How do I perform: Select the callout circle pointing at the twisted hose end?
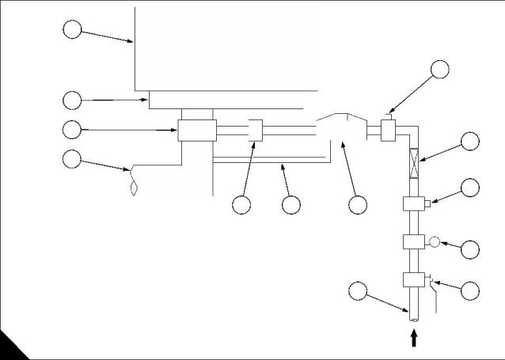point(71,158)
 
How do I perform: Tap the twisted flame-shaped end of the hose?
point(134,181)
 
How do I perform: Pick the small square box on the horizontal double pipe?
point(255,130)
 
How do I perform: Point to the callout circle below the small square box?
point(242,204)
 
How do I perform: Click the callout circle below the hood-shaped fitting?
point(357,204)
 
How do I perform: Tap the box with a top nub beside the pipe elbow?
point(389,130)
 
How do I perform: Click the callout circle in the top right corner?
point(439,69)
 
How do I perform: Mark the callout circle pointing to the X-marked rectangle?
point(470,142)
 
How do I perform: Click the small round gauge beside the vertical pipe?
point(434,241)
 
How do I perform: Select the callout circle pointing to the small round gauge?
point(470,248)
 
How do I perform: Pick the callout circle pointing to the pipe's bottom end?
point(359,291)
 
